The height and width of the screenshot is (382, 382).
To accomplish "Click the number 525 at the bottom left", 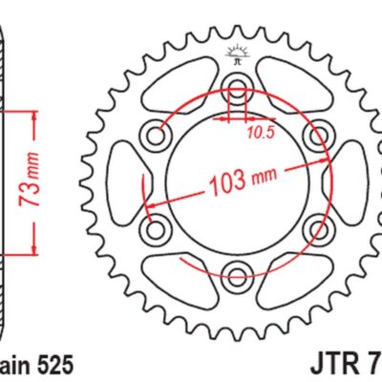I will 52,365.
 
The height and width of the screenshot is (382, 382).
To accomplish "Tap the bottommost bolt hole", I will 236,279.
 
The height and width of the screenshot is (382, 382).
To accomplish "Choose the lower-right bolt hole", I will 318,231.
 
